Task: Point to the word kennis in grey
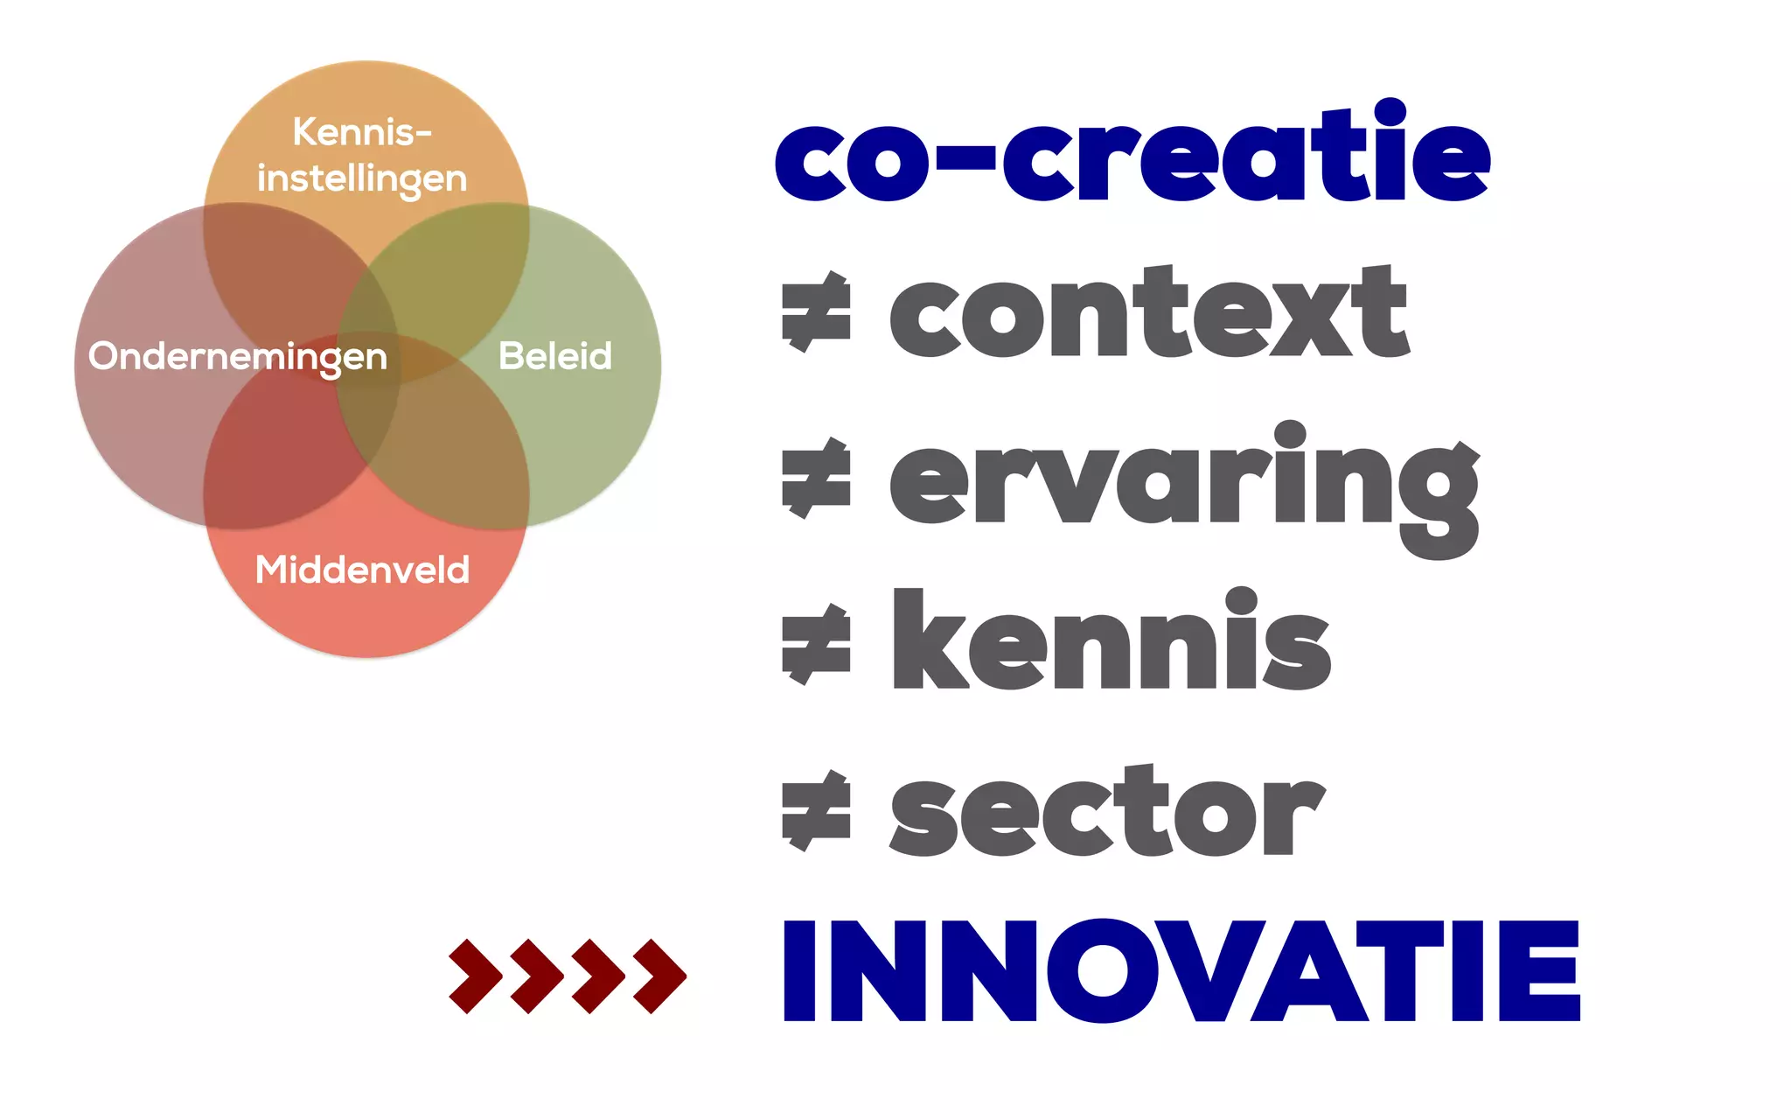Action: (x=1111, y=643)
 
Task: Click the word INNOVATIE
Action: (x=1181, y=971)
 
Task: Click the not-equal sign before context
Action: (x=816, y=312)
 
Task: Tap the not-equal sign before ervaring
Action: (x=816, y=479)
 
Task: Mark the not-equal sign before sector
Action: (x=816, y=811)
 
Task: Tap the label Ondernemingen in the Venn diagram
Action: (x=238, y=357)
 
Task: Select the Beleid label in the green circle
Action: (x=555, y=356)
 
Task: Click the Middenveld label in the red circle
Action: (x=362, y=570)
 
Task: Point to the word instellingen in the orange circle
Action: (x=362, y=178)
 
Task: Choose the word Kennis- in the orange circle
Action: (x=362, y=132)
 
